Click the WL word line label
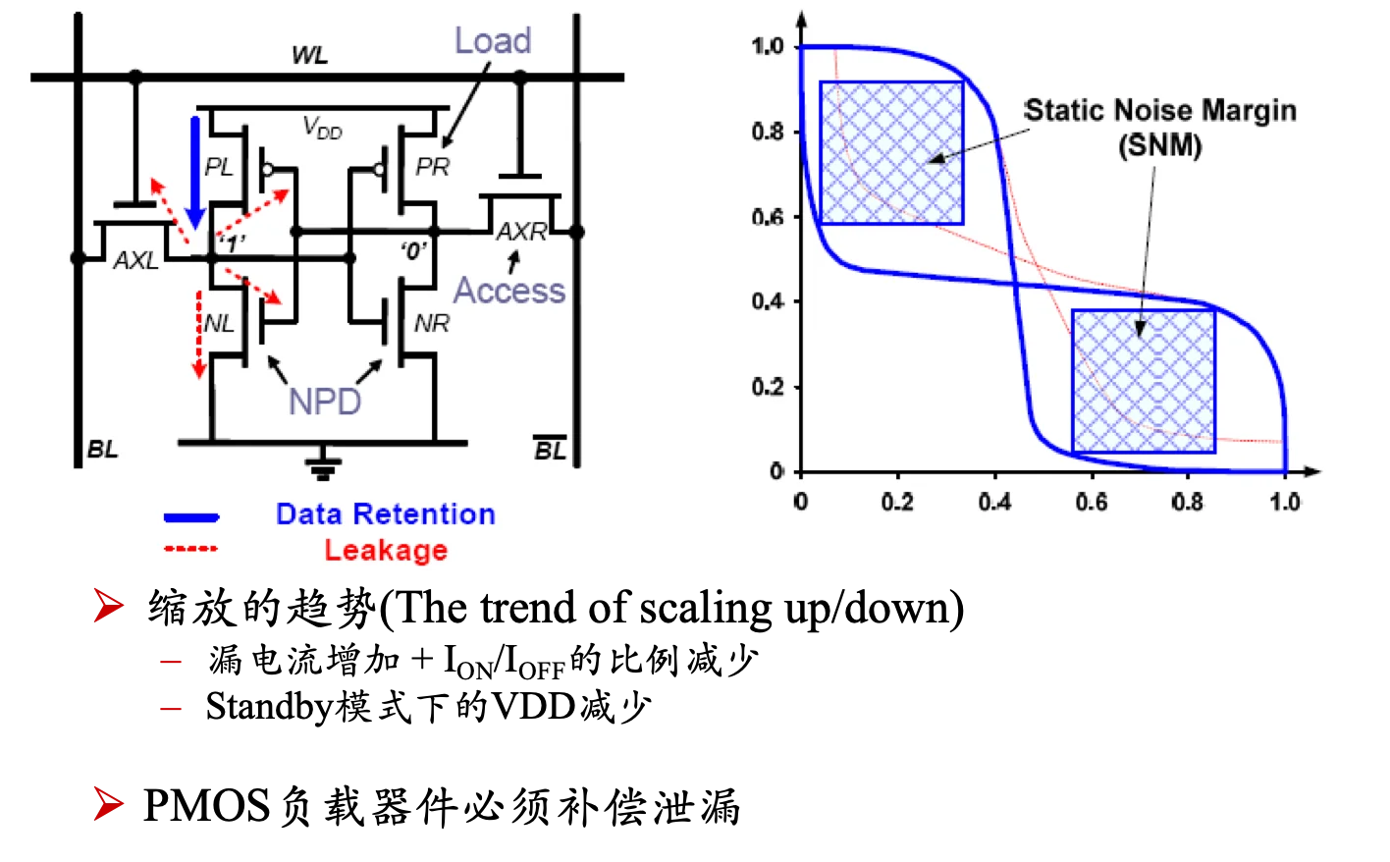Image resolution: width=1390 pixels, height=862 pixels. click(309, 55)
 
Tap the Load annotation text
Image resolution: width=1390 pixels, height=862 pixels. click(494, 41)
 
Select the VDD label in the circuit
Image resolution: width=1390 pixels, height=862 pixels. click(322, 128)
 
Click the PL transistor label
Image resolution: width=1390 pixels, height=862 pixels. click(219, 166)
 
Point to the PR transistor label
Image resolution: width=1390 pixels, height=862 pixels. click(433, 166)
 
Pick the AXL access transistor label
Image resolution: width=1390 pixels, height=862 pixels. click(135, 260)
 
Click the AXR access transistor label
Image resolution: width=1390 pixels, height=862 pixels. click(522, 232)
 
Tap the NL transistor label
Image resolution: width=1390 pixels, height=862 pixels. click(219, 323)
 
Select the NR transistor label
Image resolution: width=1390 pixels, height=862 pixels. click(432, 323)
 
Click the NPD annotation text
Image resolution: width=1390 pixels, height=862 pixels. click(325, 402)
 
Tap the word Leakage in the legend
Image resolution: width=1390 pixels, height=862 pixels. click(386, 551)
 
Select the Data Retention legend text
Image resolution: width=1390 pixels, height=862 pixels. click(386, 513)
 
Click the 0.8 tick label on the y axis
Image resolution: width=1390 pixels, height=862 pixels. click(768, 132)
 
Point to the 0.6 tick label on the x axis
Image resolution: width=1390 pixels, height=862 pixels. click(1092, 502)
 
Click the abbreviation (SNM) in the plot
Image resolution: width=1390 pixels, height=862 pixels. click(1159, 146)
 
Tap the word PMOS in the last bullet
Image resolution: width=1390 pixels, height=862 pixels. click(207, 805)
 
